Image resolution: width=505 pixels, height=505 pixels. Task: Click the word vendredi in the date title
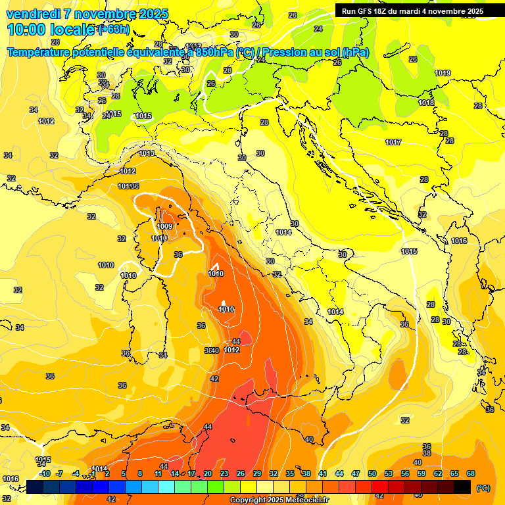[x=32, y=14]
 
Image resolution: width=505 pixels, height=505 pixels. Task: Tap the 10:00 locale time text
[x=50, y=30]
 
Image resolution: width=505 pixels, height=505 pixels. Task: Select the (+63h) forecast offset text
[x=113, y=30]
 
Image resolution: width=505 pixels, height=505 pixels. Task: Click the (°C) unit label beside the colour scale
[x=483, y=488]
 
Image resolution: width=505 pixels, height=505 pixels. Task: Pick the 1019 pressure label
[x=443, y=73]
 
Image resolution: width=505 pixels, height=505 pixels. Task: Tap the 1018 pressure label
[x=426, y=103]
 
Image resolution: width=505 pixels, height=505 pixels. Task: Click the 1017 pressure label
[x=393, y=142]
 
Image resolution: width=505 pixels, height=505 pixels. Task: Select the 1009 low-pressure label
[x=164, y=227]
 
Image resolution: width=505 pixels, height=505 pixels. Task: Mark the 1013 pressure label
[x=147, y=153]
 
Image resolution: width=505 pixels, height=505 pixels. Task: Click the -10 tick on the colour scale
[x=45, y=473]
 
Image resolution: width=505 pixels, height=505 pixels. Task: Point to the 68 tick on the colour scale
[x=471, y=473]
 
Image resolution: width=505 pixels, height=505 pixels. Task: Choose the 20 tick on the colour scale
[x=208, y=473]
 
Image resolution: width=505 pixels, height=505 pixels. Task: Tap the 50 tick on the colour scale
[x=372, y=473]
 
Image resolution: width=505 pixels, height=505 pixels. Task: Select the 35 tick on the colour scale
[x=290, y=473]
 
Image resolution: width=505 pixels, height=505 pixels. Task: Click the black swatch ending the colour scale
[x=462, y=487]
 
